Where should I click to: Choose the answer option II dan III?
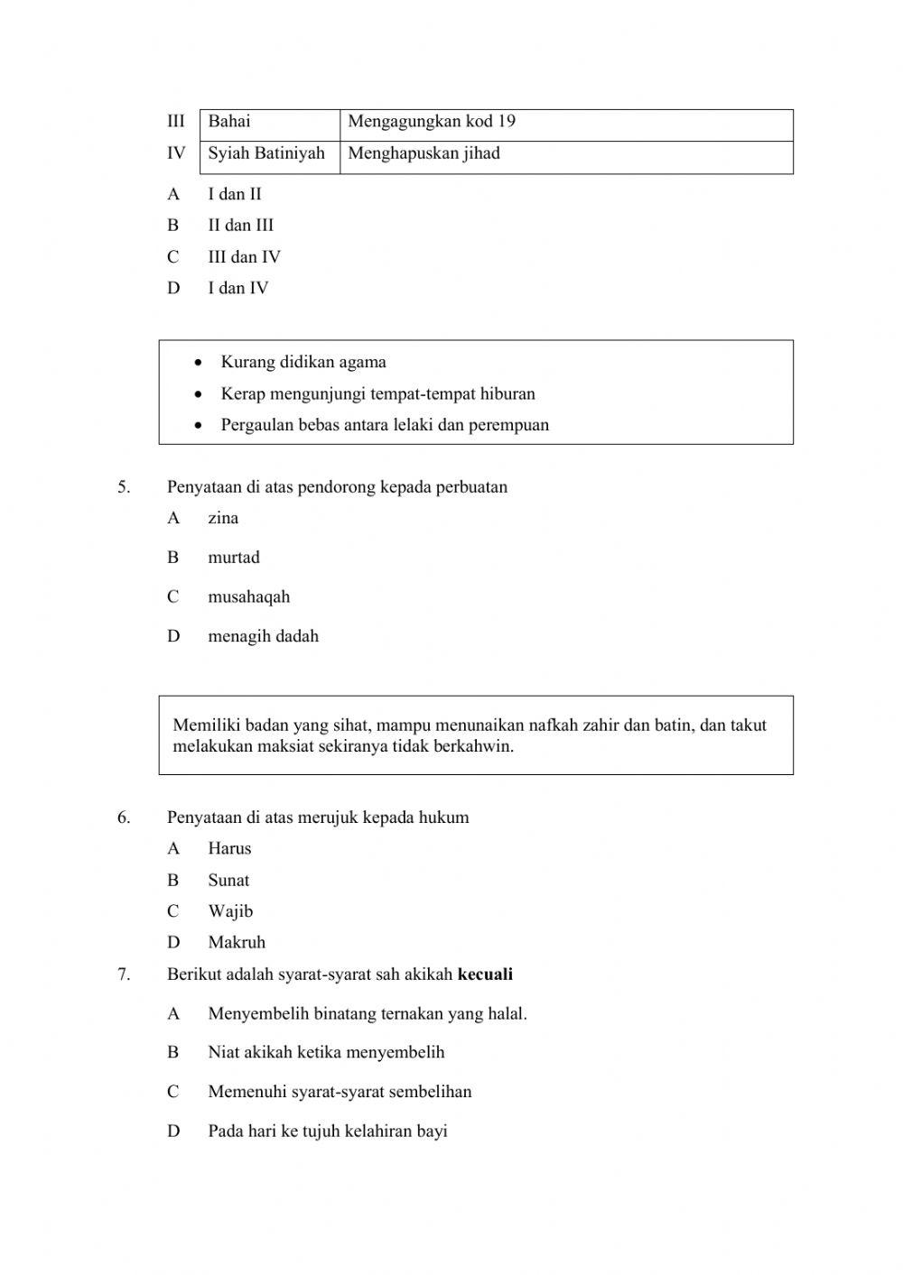[x=240, y=226]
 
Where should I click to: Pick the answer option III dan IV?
[x=244, y=257]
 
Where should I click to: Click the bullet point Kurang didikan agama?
[x=303, y=363]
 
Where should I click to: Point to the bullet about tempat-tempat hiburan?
[x=377, y=394]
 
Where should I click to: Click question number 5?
[x=124, y=487]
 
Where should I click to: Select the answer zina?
[x=223, y=518]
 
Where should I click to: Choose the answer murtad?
[x=234, y=558]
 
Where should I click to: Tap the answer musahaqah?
[x=248, y=597]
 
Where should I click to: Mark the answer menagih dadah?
[x=263, y=636]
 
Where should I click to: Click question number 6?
[x=124, y=818]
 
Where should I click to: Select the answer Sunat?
[x=228, y=881]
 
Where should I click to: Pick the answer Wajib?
[x=230, y=911]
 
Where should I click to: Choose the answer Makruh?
[x=237, y=943]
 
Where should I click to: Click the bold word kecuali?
[x=485, y=975]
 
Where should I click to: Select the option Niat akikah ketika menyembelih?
[x=326, y=1052]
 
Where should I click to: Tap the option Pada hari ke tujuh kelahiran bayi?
[x=328, y=1132]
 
